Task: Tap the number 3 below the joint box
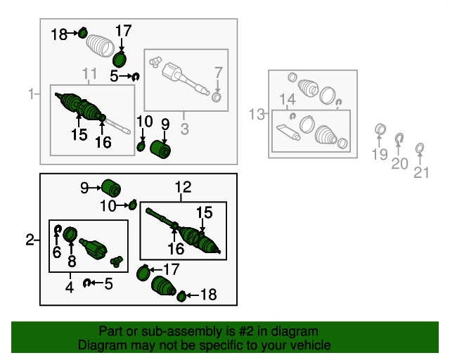tap(185, 128)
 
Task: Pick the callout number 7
tap(218, 72)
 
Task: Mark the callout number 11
tap(90, 75)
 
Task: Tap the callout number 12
tap(183, 187)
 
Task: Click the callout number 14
tap(288, 99)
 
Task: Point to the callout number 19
tap(379, 155)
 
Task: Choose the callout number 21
tap(421, 171)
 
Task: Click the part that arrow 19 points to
tap(380, 129)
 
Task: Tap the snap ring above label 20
tap(399, 137)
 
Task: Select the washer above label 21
tap(420, 148)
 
